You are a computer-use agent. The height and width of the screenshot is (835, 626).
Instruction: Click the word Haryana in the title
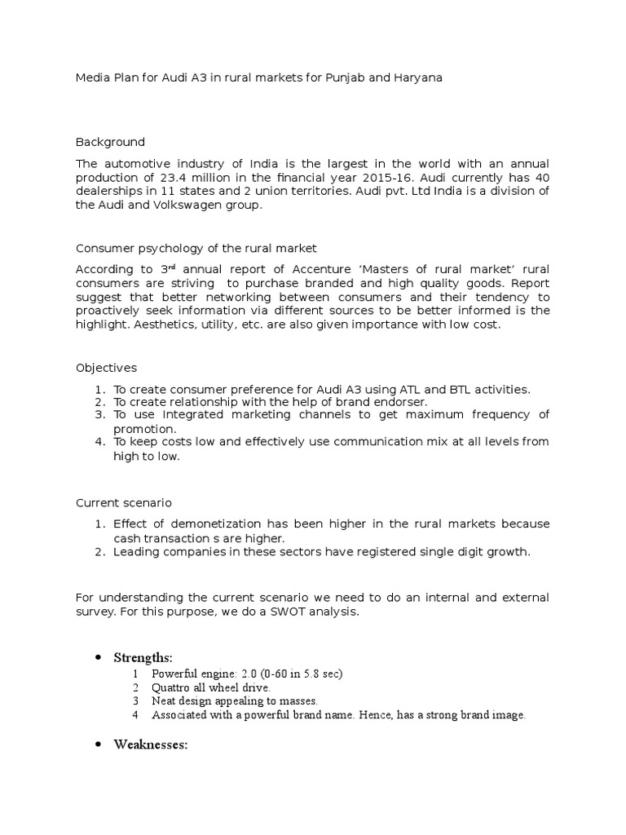[421, 77]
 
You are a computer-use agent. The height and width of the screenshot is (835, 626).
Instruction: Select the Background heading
[110, 142]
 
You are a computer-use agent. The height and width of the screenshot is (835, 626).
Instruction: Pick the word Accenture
[303, 269]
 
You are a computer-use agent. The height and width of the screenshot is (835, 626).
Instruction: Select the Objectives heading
[106, 368]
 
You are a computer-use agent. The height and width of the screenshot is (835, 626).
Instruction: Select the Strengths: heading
[143, 657]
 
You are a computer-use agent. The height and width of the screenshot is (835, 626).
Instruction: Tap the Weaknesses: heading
[151, 744]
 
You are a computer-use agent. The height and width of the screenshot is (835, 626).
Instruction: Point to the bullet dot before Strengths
[98, 657]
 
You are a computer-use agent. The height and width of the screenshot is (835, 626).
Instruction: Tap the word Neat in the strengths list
[164, 701]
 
